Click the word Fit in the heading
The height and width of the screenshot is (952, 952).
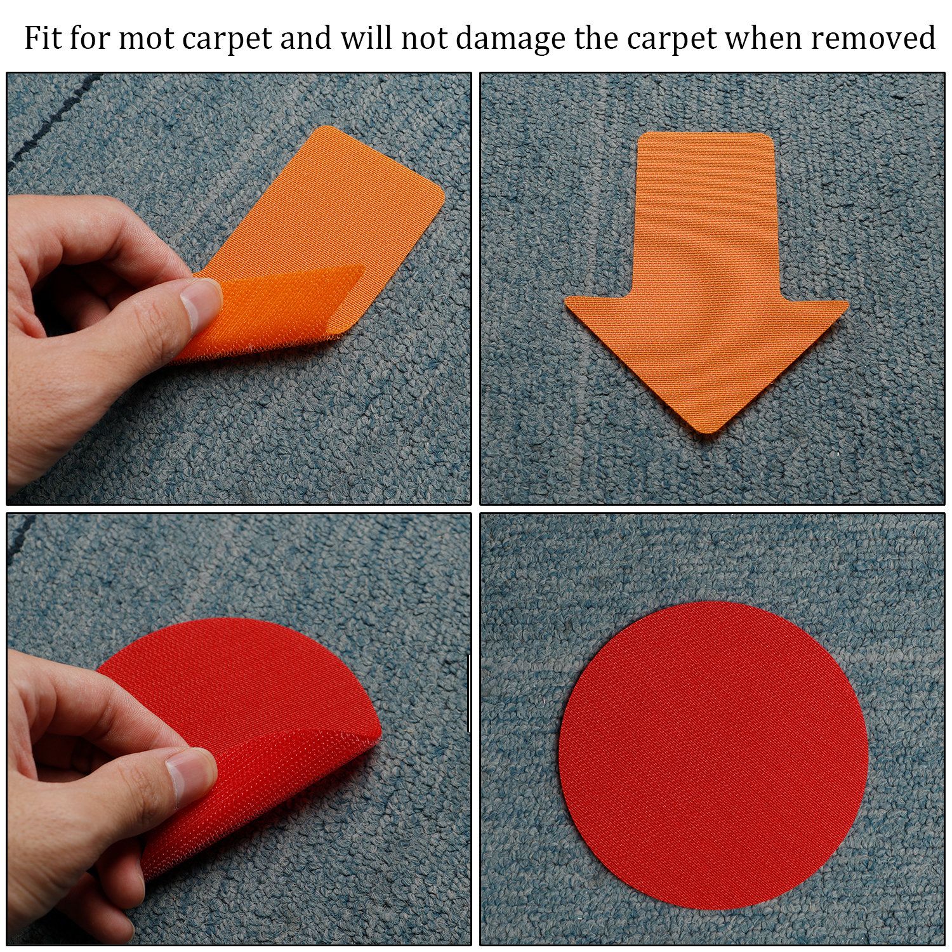[x=43, y=37]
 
